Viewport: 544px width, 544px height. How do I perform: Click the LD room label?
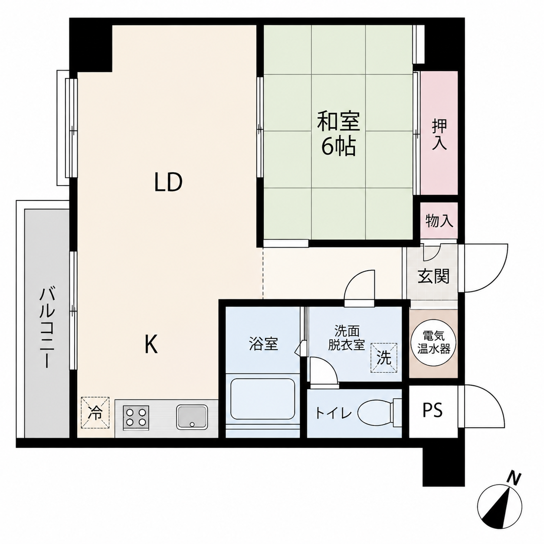[168, 182]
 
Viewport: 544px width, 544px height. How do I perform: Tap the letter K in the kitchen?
[151, 344]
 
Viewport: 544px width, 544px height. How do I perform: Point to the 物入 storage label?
[439, 220]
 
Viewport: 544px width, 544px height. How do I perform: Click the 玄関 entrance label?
[433, 276]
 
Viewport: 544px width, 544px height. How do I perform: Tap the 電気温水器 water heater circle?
[433, 344]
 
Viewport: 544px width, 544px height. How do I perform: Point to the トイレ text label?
[334, 413]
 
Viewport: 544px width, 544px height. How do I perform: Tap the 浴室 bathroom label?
[264, 344]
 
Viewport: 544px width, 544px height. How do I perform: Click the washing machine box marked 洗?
[384, 358]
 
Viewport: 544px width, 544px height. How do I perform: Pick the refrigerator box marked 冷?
[95, 413]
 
